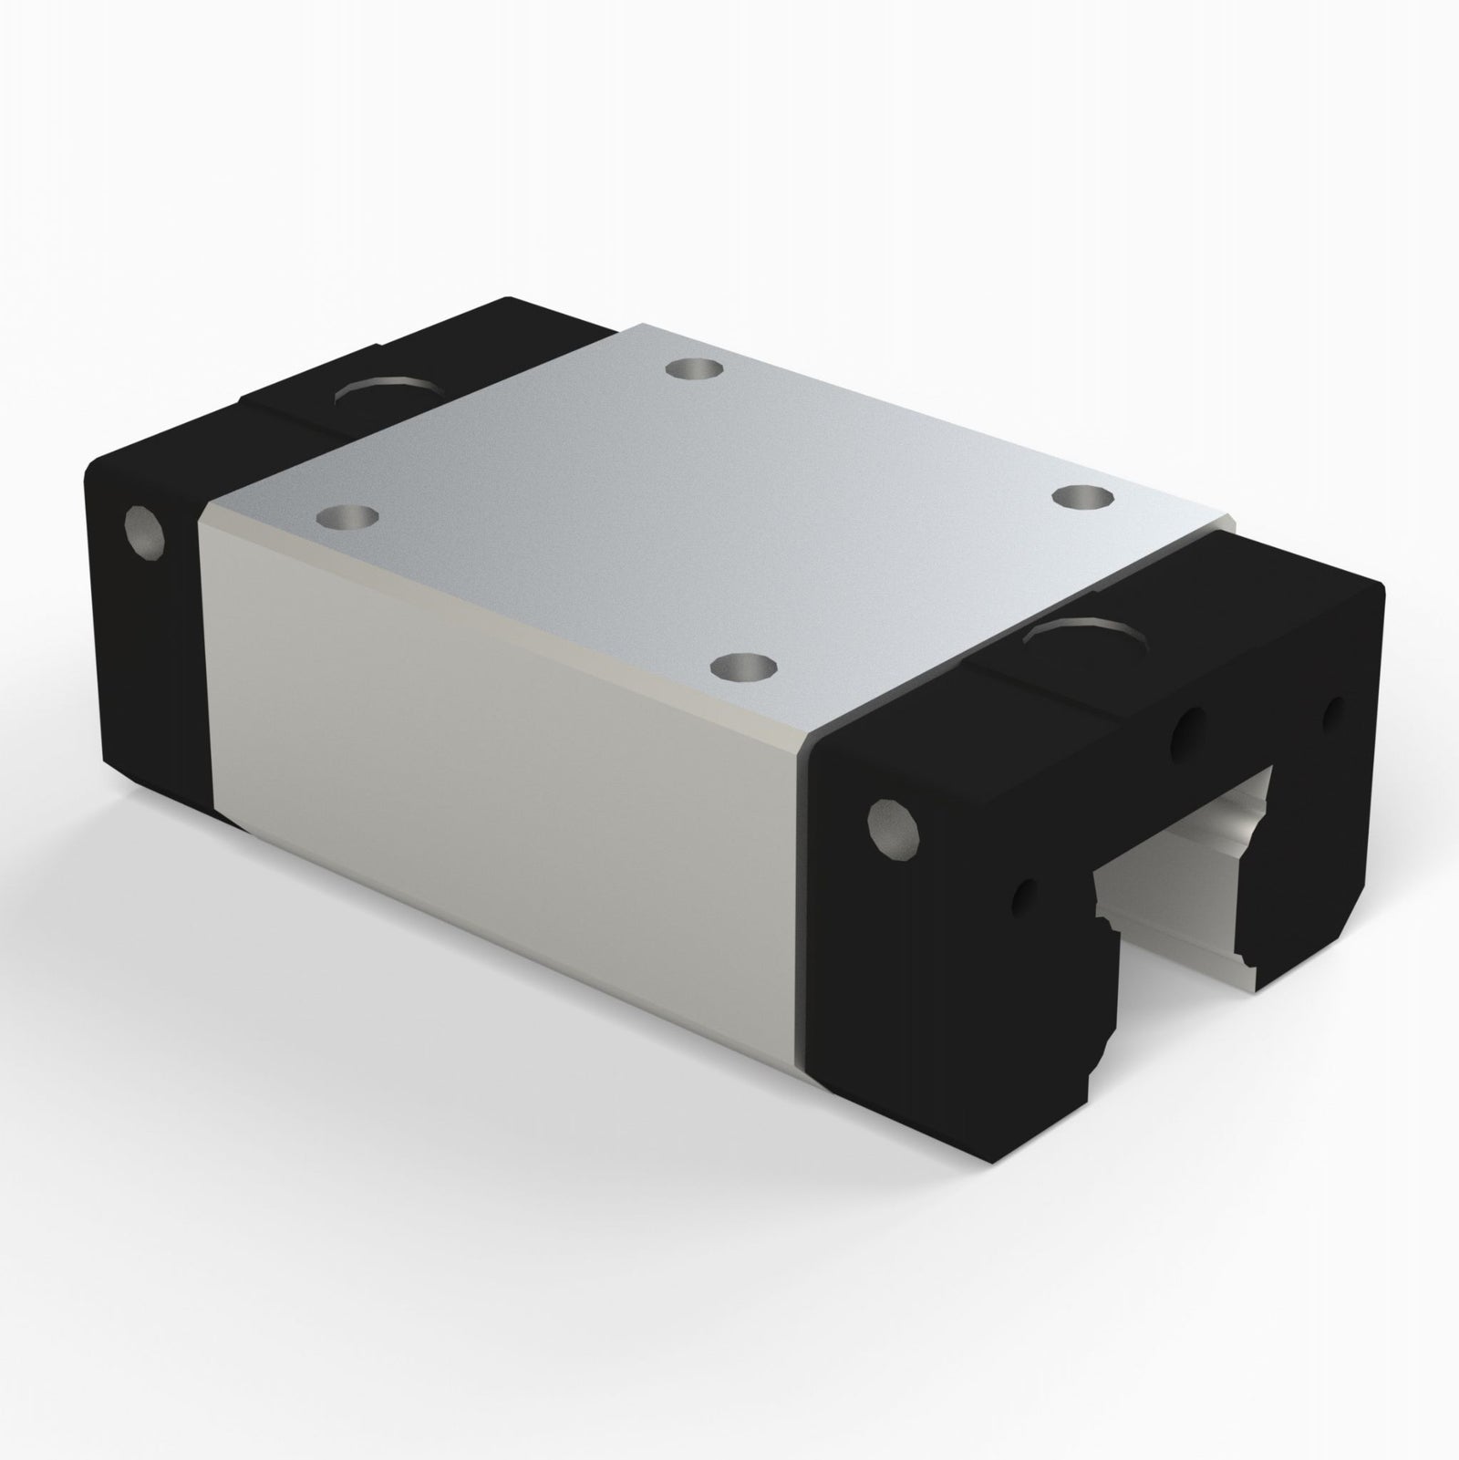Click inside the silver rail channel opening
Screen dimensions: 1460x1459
pos(1176,875)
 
